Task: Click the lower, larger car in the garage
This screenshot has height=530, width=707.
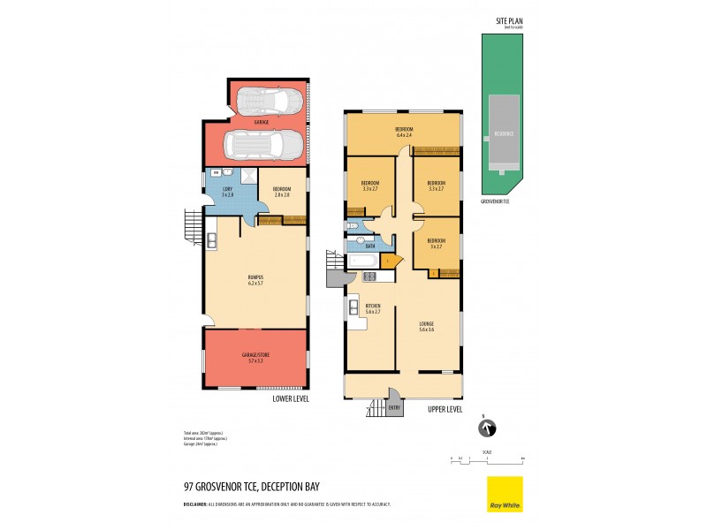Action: [262, 142]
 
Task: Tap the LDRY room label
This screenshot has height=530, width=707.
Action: [226, 191]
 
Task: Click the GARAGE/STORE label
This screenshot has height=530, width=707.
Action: [256, 356]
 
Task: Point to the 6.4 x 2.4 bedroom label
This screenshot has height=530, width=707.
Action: [403, 132]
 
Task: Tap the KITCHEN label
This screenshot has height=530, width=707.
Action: [372, 308]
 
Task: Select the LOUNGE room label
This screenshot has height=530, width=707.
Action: [427, 326]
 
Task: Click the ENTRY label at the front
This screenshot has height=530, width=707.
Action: [394, 407]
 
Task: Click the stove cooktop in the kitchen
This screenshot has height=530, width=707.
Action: [370, 276]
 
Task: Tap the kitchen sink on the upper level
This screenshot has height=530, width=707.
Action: [351, 303]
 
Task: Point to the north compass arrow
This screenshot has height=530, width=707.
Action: [485, 428]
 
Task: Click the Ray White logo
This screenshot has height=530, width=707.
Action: [505, 494]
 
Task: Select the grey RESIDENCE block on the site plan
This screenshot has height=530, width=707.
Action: [505, 133]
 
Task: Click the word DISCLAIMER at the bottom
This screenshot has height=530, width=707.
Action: [195, 504]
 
